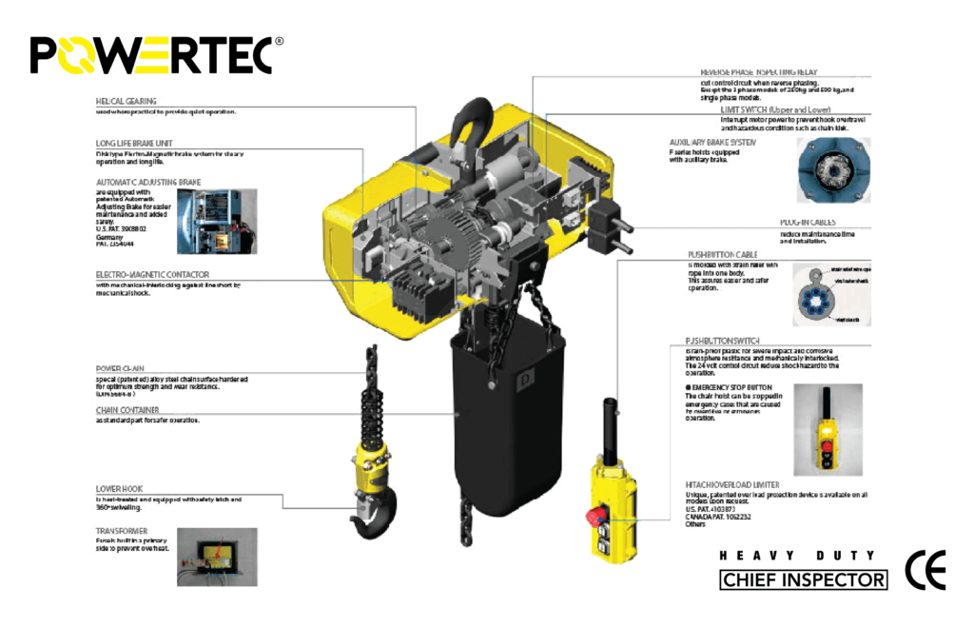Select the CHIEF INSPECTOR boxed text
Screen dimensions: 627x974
804,579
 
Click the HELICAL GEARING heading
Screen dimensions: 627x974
127,101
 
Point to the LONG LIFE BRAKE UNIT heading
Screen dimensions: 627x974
134,144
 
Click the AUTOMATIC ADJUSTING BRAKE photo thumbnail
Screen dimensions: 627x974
217,221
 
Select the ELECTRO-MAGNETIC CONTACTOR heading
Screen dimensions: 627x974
152,274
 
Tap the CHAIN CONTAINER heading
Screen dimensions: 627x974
127,410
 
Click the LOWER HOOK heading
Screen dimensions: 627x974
120,489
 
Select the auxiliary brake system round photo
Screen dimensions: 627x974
828,170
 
